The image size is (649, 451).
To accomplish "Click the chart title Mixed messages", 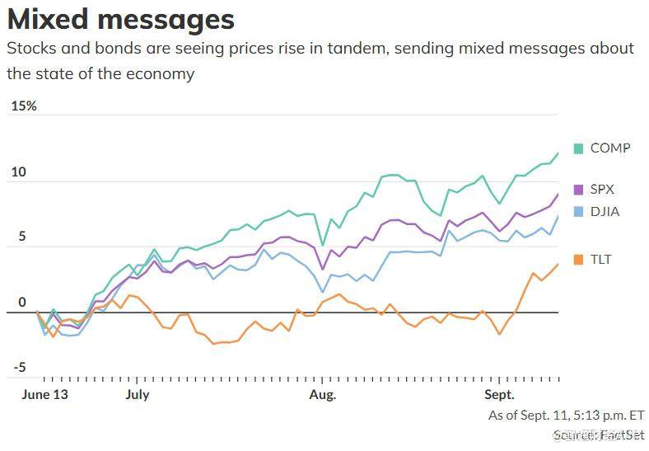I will pos(121,19).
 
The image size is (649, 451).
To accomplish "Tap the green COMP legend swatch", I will pos(578,148).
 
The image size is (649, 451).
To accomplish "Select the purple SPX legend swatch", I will pos(578,189).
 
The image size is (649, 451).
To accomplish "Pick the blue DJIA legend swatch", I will pos(578,212).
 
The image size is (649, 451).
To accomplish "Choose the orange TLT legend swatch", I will pos(578,260).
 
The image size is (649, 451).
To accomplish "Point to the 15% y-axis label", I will pos(23,106).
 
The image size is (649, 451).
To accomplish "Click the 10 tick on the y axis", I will pos(18,172).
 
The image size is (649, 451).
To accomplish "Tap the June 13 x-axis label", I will pos(44,394).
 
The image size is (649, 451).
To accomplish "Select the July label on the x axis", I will pos(138,394).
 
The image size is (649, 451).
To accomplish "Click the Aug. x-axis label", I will pos(323,394).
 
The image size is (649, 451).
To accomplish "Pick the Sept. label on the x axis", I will pos(499,394).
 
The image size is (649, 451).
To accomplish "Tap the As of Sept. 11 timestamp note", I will pos(566,415).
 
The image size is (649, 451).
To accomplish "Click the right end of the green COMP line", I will pos(558,153).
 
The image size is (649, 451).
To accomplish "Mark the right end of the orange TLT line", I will pos(558,264).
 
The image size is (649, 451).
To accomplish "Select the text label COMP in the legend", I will pos(610,148).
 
